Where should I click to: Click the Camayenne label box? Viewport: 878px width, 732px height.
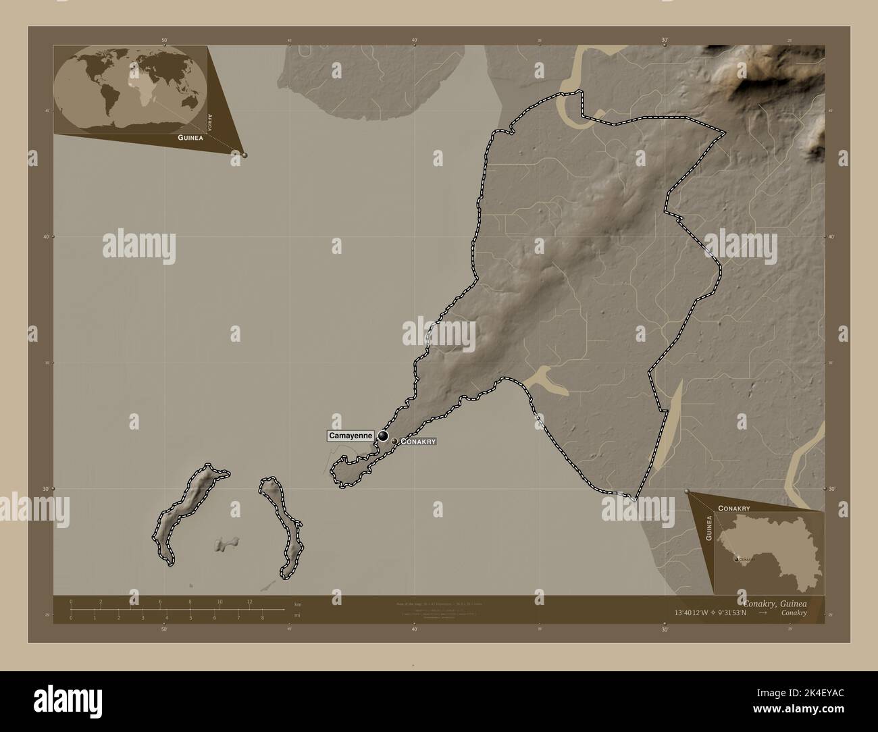click(351, 436)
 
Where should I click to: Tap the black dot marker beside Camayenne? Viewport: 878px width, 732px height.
click(383, 437)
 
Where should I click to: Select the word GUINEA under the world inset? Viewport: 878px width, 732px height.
click(190, 137)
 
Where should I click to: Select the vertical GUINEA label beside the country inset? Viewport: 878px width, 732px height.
click(708, 527)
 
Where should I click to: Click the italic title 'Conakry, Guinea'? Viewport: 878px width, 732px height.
click(774, 602)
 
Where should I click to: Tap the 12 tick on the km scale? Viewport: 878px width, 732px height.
click(249, 602)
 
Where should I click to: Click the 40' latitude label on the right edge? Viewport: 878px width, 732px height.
click(831, 237)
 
